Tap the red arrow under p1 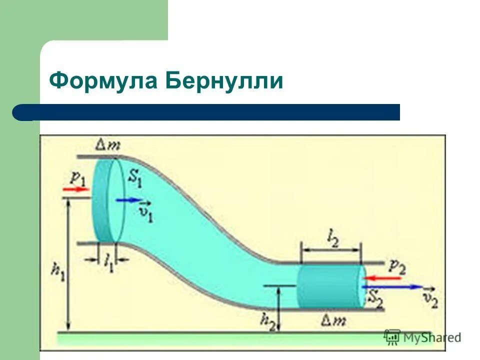tap(75, 189)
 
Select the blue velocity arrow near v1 tap(129, 200)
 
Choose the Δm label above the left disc tap(107, 145)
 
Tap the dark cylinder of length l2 tap(330, 286)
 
